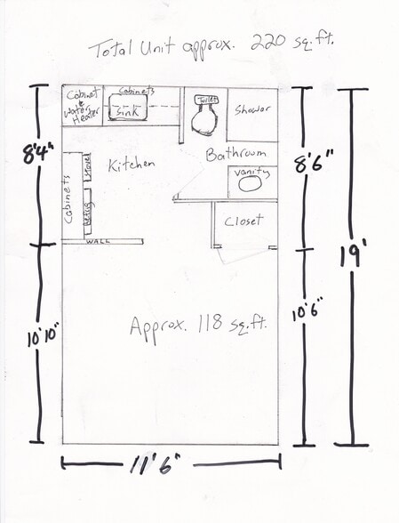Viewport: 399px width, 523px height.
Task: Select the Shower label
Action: [x=252, y=110]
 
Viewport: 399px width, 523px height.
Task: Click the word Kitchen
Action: [x=132, y=165]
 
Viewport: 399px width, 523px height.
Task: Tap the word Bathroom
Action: [x=236, y=154]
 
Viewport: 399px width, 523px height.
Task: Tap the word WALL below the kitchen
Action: [x=97, y=241]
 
